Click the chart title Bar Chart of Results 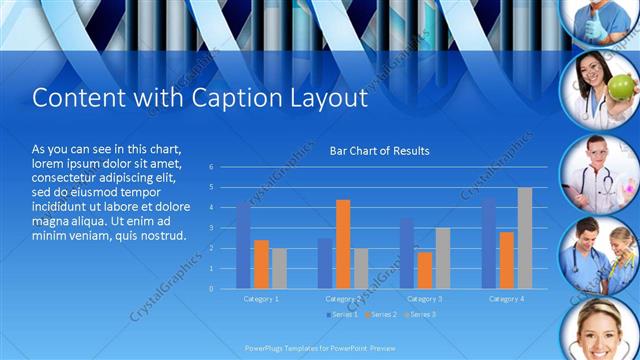pyautogui.click(x=379, y=151)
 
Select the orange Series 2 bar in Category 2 pyautogui.click(x=343, y=244)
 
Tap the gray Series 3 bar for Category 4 pyautogui.click(x=524, y=238)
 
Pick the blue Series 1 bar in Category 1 pyautogui.click(x=243, y=246)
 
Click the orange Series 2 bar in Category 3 pyautogui.click(x=425, y=270)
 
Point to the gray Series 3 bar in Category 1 pyautogui.click(x=279, y=268)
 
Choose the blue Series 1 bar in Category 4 pyautogui.click(x=488, y=243)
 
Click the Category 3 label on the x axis pyautogui.click(x=425, y=299)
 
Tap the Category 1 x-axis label pyautogui.click(x=261, y=299)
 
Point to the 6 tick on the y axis pyautogui.click(x=211, y=167)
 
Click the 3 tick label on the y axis pyautogui.click(x=211, y=228)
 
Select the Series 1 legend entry pyautogui.click(x=341, y=315)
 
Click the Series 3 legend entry pyautogui.click(x=419, y=315)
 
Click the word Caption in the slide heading pyautogui.click(x=217, y=99)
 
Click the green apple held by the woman pyautogui.click(x=620, y=88)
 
